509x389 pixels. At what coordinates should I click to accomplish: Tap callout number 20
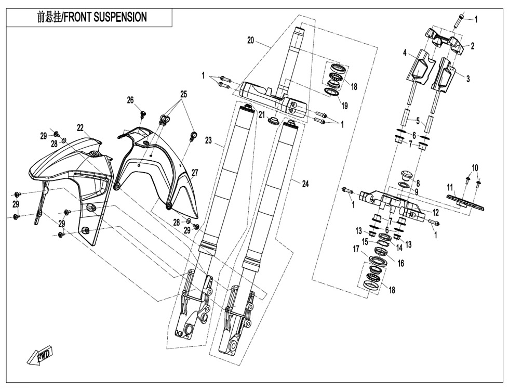coord(251,40)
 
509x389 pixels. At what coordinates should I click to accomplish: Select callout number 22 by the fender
coord(80,127)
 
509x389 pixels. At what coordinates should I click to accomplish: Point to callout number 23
coord(208,140)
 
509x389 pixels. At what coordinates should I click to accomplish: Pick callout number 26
coord(130,100)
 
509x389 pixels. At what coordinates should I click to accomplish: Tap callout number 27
coord(195,173)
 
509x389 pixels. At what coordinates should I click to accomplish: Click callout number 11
coord(450,187)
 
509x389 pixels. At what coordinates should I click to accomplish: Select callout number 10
coord(474,167)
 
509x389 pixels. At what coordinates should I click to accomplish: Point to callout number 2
coord(472,46)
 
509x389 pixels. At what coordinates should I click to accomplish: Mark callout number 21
coord(262,114)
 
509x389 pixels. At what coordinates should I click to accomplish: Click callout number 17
coord(356,249)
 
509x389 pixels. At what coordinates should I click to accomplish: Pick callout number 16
coord(400,264)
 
